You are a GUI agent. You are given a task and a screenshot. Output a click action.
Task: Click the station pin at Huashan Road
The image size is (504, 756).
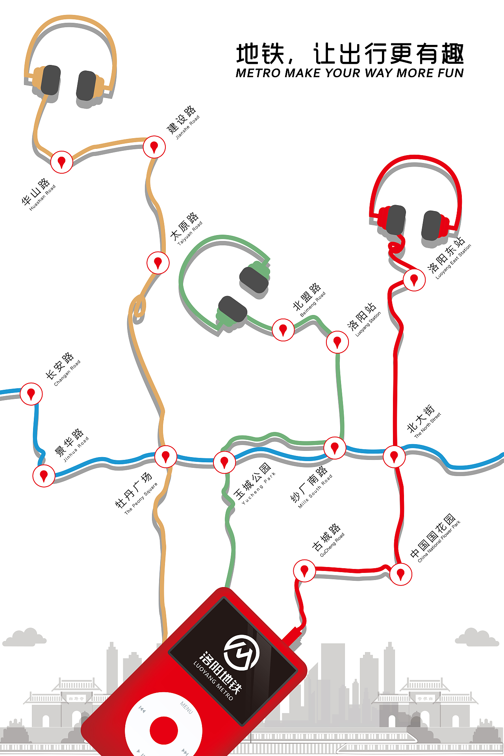tap(61, 161)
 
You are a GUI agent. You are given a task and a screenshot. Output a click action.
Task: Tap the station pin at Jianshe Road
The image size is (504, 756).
tap(154, 147)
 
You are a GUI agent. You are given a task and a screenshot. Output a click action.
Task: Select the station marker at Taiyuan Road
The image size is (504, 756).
tap(158, 263)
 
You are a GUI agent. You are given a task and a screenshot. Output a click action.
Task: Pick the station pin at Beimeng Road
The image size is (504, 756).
tap(283, 330)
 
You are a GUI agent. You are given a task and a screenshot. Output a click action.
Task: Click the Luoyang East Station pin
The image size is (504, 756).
tap(414, 280)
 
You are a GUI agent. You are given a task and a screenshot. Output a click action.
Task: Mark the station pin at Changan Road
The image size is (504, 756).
tap(31, 393)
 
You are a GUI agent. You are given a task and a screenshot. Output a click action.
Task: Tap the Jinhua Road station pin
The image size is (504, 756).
tap(44, 476)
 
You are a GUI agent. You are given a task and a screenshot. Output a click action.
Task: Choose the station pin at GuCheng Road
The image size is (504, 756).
tap(304, 571)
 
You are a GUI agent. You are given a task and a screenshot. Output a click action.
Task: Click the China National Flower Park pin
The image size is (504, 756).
tap(400, 574)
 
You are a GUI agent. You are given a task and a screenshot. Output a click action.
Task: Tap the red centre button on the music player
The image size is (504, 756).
tap(164, 730)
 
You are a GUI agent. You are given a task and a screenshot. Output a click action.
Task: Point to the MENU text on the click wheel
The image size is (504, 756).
tap(186, 708)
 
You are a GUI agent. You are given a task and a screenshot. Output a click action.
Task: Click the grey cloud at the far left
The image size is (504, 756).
tap(24, 637)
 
